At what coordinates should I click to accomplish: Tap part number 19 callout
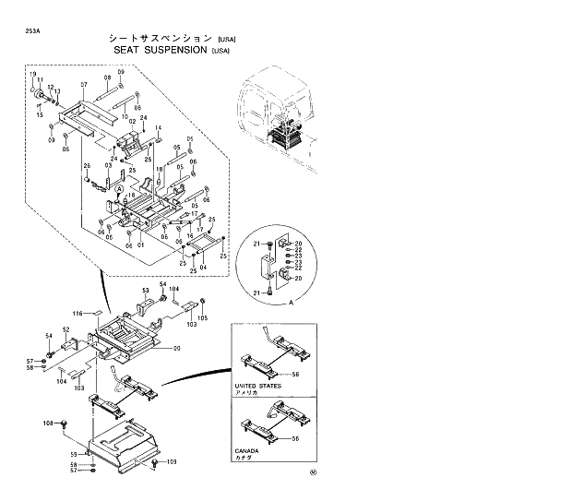[32, 73]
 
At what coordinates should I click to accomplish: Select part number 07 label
[83, 85]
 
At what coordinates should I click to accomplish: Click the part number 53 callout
[145, 290]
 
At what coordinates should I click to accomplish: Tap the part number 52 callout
[66, 329]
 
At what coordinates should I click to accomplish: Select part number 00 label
[177, 348]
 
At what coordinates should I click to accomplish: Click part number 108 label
[48, 423]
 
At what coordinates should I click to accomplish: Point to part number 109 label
[171, 461]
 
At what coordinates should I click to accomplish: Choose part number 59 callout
[74, 454]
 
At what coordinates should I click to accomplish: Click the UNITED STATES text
[257, 386]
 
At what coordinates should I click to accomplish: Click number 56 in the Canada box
[295, 438]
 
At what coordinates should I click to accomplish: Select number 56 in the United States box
[295, 374]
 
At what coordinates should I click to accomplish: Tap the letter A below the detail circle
[292, 302]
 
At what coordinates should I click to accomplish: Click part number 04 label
[203, 268]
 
